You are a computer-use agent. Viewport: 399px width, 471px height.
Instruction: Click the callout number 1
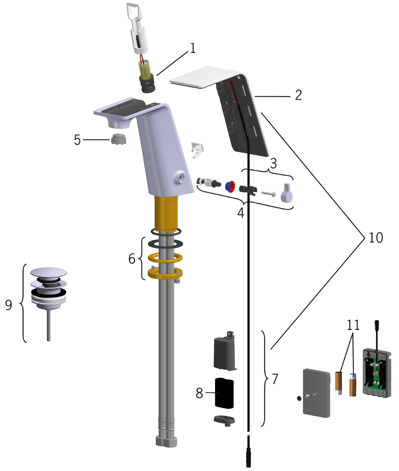coord(192,48)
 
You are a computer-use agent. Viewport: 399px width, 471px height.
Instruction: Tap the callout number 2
coord(299,95)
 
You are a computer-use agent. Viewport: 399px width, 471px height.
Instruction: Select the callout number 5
coord(77,140)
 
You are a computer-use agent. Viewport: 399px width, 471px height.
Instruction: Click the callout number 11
coord(353,325)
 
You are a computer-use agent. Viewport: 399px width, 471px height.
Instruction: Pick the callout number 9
coord(9,305)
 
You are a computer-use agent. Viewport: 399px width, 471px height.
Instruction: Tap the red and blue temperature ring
coord(230,186)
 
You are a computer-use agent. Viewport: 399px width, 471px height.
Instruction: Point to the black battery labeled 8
coord(224,393)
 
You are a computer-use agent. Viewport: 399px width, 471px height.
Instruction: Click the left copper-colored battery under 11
coord(339,383)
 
